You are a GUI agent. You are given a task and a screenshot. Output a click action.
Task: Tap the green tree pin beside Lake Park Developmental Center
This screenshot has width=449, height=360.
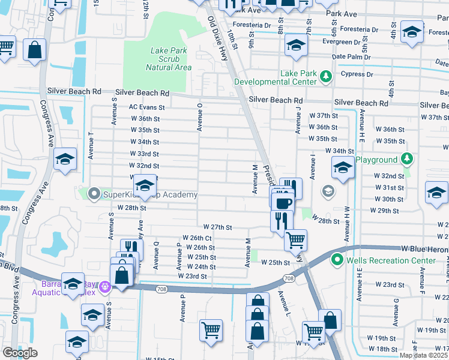click(326, 76)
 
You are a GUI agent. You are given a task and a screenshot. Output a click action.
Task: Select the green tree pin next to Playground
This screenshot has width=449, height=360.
click(407, 159)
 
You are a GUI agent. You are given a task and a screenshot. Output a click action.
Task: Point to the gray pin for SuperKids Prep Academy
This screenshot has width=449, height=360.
click(94, 194)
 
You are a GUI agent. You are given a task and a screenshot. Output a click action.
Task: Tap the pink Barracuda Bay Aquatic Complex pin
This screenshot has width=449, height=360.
click(106, 287)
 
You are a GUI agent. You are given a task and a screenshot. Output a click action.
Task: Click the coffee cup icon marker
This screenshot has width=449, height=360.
click(283, 202)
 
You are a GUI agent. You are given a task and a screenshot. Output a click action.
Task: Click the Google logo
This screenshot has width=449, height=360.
click(20, 352)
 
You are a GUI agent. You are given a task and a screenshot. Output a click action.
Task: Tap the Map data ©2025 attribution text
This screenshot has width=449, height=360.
click(423, 355)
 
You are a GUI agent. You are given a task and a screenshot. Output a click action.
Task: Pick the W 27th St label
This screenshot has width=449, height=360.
click(217, 227)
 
